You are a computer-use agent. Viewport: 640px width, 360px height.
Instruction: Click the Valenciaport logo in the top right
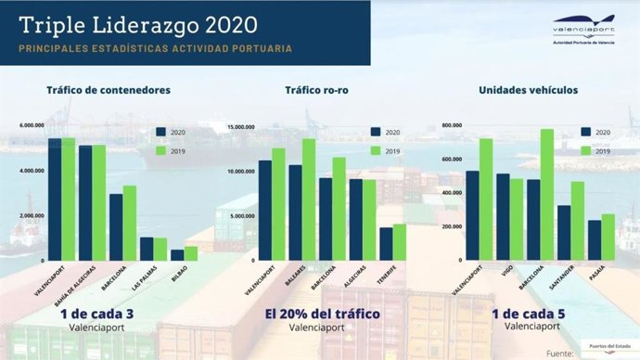(582, 29)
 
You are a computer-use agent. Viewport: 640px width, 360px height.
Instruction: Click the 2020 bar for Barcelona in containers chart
(116, 226)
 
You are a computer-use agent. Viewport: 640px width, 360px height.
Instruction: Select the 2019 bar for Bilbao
(190, 252)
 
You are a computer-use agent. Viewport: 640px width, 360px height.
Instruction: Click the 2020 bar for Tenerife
(386, 243)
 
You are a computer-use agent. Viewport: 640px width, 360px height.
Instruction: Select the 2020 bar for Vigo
(503, 216)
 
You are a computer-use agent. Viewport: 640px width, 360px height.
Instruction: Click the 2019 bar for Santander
(578, 220)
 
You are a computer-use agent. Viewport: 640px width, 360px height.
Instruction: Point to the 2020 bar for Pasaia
(595, 239)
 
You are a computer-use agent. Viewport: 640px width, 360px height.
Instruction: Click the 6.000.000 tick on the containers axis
(32, 125)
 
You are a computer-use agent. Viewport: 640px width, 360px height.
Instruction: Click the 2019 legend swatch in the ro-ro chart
(375, 151)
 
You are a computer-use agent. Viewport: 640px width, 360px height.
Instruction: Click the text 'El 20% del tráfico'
(322, 314)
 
